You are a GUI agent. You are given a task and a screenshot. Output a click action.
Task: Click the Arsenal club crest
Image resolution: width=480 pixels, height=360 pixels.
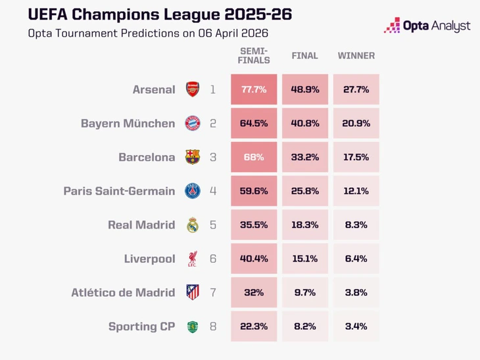pos(192,89)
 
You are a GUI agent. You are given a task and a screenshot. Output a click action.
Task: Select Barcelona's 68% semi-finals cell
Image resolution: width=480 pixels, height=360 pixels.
pos(253,157)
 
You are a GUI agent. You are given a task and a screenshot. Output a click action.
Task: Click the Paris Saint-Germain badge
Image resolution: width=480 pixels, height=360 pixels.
pos(192,191)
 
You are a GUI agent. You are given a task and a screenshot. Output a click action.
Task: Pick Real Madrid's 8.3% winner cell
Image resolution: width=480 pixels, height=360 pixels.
pos(356,225)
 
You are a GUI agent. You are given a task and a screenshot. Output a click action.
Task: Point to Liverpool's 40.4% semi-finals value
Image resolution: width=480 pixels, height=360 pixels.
pos(253,259)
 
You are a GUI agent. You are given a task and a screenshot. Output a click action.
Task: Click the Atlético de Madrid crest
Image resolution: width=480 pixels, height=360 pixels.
pos(192,292)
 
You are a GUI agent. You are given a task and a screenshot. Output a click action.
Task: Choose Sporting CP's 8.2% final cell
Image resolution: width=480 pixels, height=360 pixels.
pos(304,326)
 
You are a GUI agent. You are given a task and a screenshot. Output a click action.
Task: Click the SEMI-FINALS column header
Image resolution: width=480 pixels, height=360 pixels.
pos(254,56)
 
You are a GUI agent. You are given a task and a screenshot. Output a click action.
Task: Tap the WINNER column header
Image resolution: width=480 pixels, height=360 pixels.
pos(356,56)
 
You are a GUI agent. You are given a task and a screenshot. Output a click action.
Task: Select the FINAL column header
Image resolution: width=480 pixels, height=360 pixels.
pos(304,56)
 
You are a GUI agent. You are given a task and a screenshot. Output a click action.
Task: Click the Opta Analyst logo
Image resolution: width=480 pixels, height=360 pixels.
pos(427,26)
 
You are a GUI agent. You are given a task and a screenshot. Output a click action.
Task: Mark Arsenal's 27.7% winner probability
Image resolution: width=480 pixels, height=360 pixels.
pos(356,89)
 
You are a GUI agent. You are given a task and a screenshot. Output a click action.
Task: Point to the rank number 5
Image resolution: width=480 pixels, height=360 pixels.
pos(212,225)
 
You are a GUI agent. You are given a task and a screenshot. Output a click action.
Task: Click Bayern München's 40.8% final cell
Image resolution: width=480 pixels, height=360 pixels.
pos(304,124)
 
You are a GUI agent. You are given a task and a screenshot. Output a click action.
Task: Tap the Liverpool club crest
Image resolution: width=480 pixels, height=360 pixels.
pos(192,259)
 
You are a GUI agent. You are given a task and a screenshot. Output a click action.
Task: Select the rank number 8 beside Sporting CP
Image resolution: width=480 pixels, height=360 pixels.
pos(212,326)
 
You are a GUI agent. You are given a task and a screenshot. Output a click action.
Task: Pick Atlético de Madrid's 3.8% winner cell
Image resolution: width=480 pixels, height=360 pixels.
pos(356,292)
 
